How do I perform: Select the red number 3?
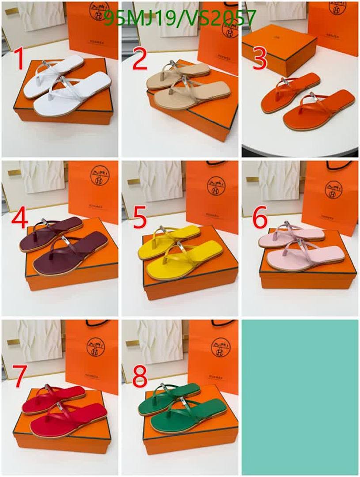tap(260, 60)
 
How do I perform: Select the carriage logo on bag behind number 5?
tap(216, 186)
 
